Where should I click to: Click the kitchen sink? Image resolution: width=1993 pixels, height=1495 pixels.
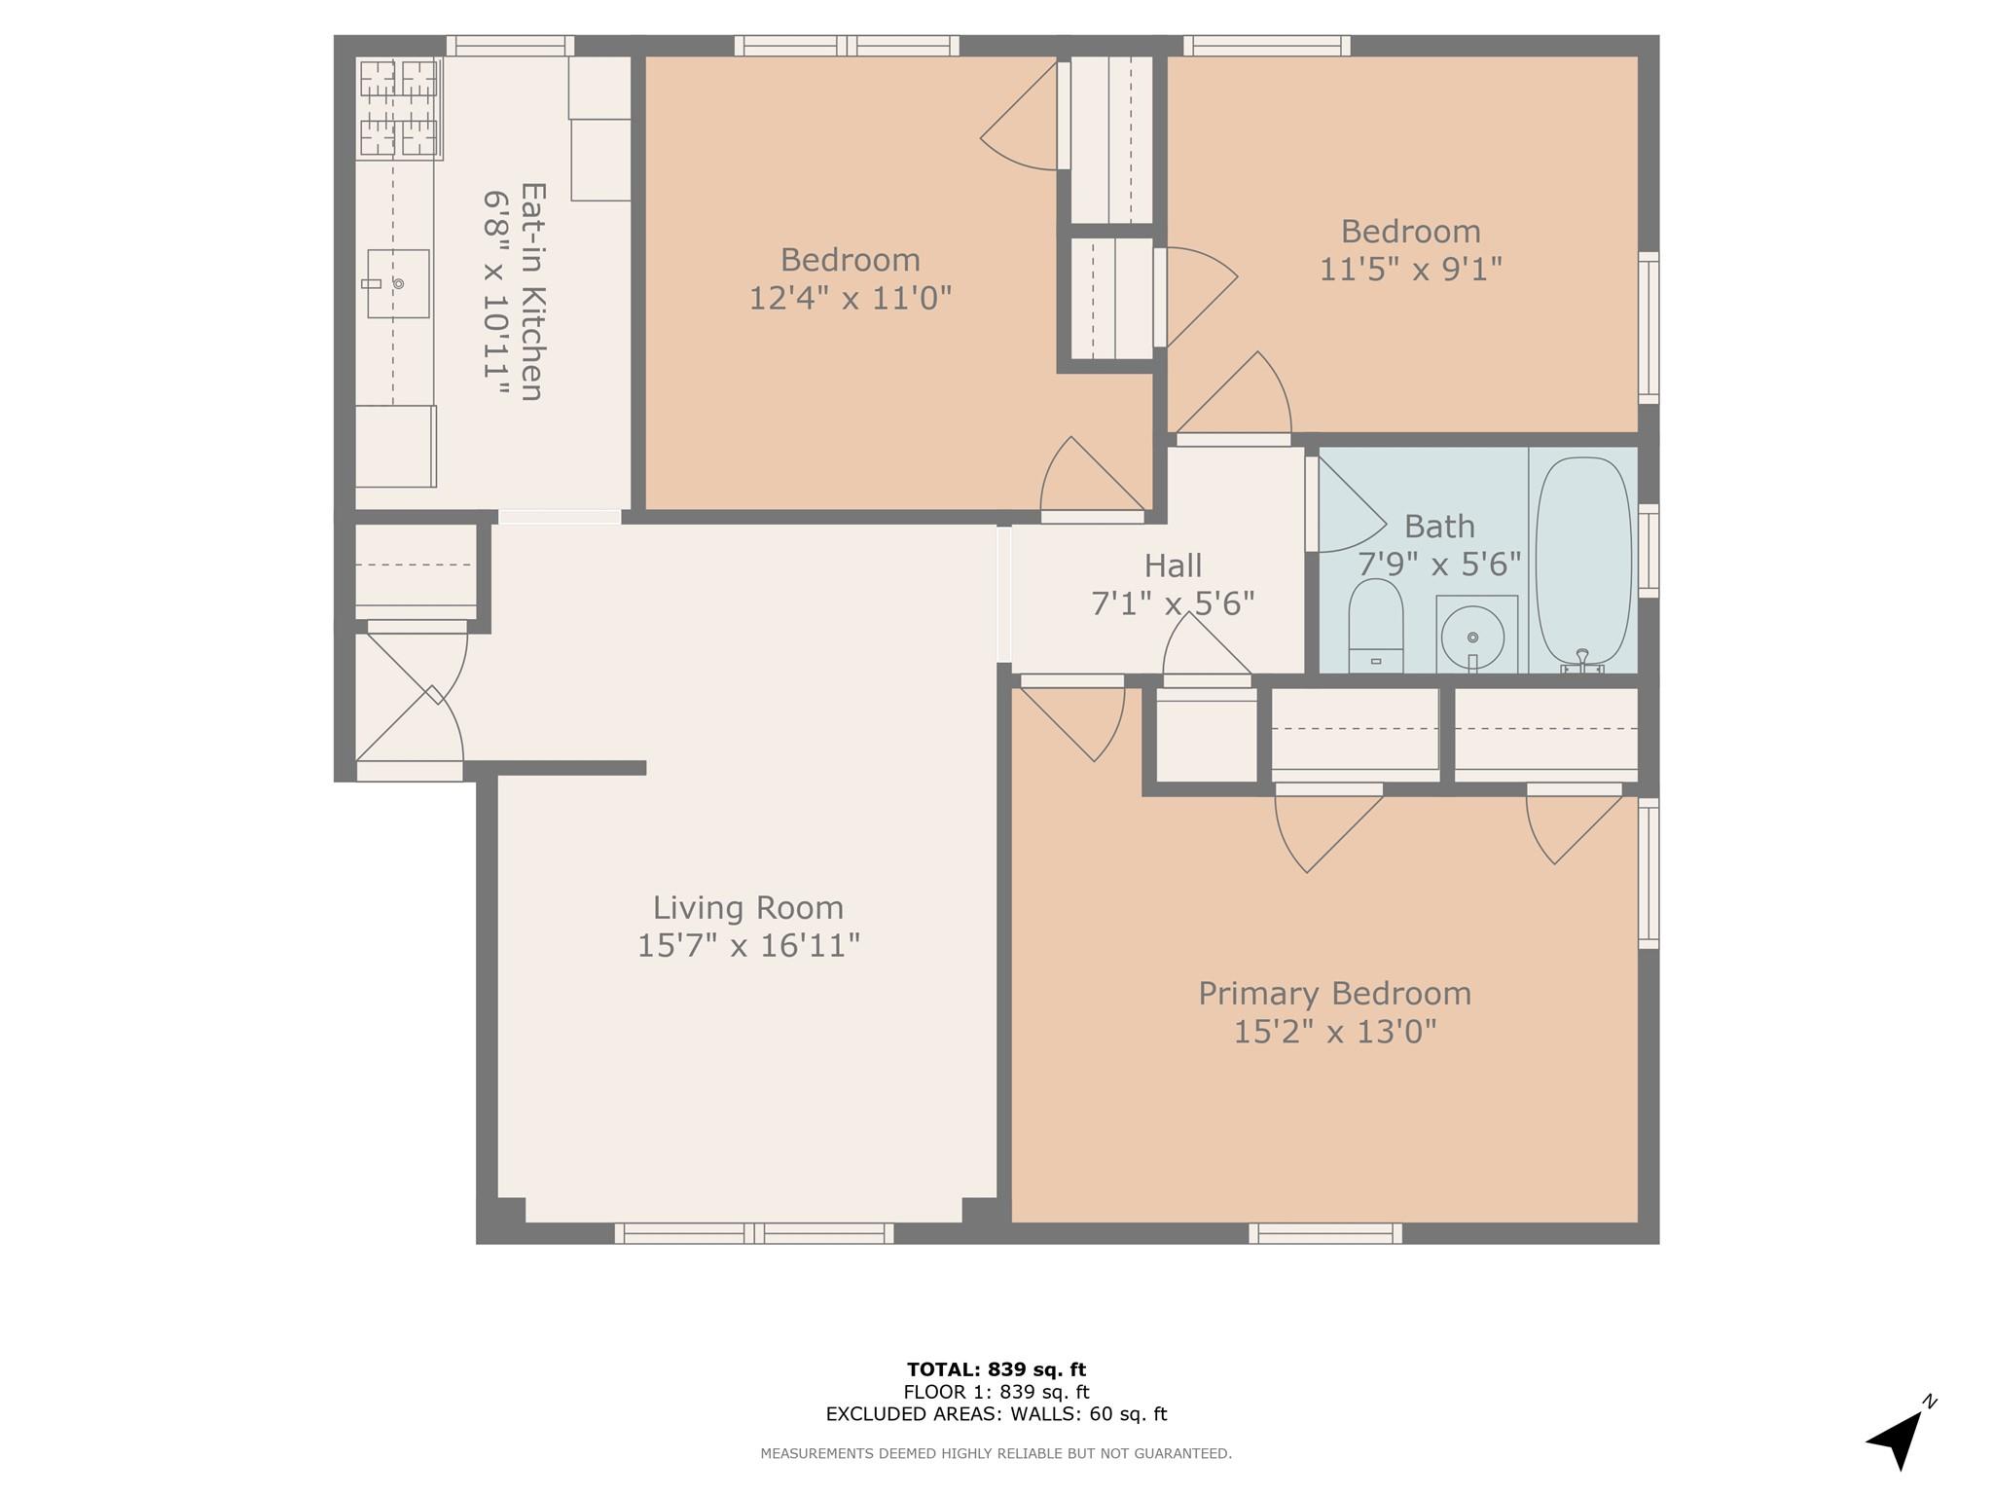coord(398,283)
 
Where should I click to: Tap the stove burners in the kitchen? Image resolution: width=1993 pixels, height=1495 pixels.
coord(399,107)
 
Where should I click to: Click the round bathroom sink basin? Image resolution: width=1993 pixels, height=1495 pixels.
coord(1472,638)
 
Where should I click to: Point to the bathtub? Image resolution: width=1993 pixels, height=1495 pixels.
coord(1582,561)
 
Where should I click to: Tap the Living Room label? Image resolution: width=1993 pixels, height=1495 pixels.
coord(747,908)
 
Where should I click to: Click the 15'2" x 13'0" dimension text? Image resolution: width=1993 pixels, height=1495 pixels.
coord(1334,1031)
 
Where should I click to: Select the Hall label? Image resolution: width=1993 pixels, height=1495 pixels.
coord(1173,565)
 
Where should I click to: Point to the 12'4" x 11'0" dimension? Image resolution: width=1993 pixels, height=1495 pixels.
coord(850,297)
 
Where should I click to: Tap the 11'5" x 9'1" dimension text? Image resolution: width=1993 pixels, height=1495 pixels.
coord(1410,269)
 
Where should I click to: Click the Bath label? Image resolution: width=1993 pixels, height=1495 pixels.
coord(1439,527)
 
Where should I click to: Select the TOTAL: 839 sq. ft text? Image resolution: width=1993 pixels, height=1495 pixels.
coord(996,1369)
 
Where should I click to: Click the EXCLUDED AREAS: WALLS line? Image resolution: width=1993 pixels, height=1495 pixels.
coord(996,1414)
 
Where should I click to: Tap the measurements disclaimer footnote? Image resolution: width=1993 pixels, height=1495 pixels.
coord(996,1453)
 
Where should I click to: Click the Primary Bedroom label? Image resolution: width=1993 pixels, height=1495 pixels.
coord(1334,994)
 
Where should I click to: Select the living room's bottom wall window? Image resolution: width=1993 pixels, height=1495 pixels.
coord(753,1233)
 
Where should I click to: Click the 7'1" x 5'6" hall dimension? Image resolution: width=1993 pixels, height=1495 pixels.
coord(1173,603)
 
